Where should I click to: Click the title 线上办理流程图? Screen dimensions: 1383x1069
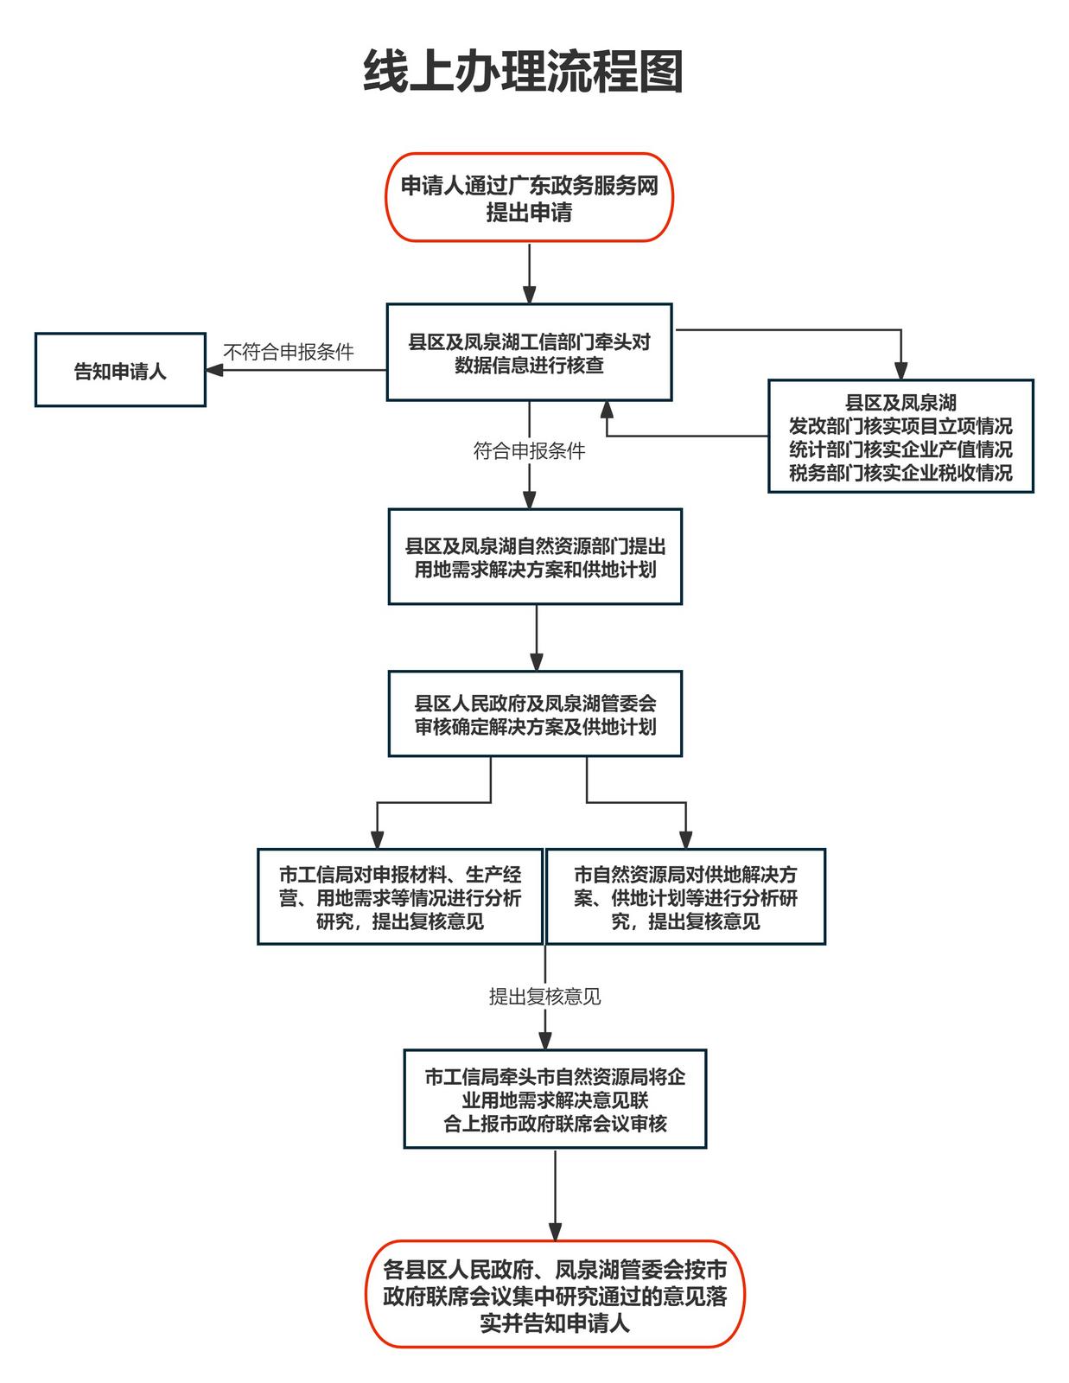click(x=524, y=72)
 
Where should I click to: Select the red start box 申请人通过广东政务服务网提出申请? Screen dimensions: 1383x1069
click(x=529, y=198)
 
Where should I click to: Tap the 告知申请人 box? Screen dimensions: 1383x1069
click(x=120, y=371)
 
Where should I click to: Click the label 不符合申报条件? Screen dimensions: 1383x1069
click(x=289, y=352)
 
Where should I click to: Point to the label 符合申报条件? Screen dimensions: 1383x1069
click(x=529, y=450)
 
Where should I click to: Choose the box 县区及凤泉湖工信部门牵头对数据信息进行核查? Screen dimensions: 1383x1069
click(x=529, y=353)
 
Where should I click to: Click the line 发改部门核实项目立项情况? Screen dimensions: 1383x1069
click(x=900, y=426)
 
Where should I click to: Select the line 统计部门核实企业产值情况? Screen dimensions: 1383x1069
click(x=900, y=449)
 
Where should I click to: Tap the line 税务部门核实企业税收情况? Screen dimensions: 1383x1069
click(x=900, y=473)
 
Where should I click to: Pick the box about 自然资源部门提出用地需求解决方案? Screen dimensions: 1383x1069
click(x=535, y=558)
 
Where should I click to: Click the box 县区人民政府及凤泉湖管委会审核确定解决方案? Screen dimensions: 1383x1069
click(x=535, y=715)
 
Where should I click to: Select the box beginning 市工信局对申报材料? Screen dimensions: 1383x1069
click(x=400, y=897)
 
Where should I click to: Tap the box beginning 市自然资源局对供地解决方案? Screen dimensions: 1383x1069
click(x=685, y=897)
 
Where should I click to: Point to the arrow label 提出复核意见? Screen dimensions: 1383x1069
click(x=544, y=997)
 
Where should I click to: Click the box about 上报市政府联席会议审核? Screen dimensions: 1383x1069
click(x=555, y=1099)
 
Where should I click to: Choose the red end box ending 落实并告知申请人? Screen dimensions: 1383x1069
click(x=555, y=1295)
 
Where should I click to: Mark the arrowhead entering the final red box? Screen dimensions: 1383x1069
click(x=555, y=1232)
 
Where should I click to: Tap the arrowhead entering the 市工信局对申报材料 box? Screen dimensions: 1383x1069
click(x=377, y=839)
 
